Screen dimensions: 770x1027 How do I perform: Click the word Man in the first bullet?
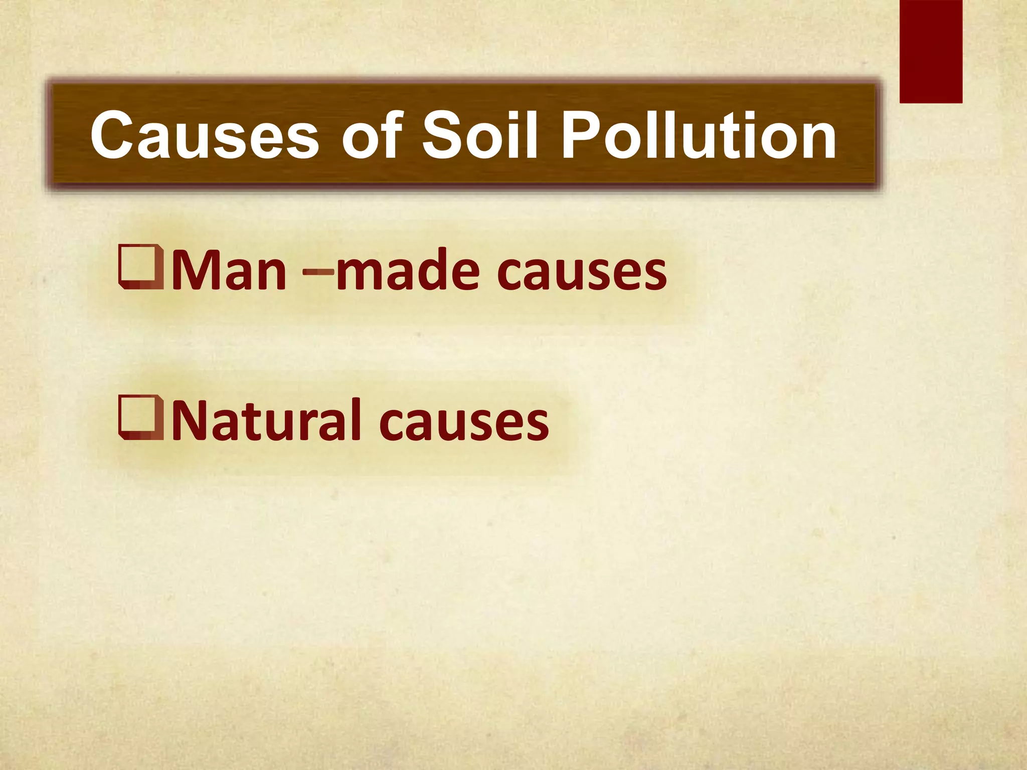pyautogui.click(x=229, y=271)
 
